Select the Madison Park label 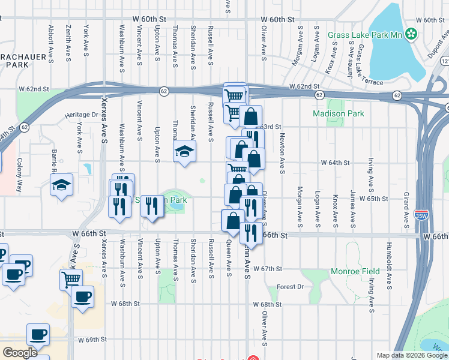(x=331, y=113)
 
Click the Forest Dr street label (x=290, y=287)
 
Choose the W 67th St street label (x=268, y=269)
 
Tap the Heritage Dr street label (x=82, y=115)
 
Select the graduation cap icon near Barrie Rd (x=61, y=186)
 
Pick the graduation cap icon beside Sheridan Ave (x=185, y=151)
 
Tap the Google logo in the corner (x=20, y=353)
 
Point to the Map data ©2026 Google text (x=411, y=355)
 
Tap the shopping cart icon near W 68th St (x=71, y=278)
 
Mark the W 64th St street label (x=335, y=163)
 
